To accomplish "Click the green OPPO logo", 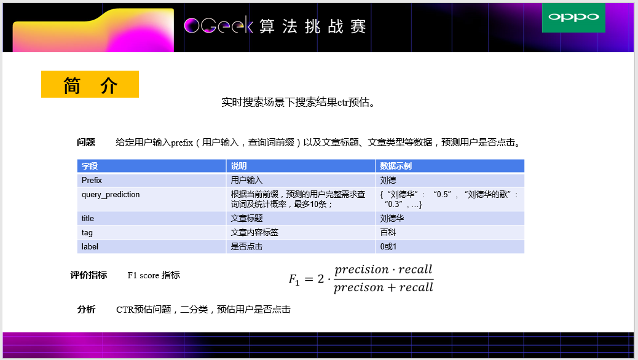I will [573, 17].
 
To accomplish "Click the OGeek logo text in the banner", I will [218, 26].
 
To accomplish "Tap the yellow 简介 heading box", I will [90, 85].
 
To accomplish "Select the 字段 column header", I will [90, 166].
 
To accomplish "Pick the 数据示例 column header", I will [396, 166].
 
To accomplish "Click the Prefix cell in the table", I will [92, 181].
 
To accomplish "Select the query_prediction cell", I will [111, 195].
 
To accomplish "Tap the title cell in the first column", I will [88, 219].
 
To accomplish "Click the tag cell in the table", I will [87, 233].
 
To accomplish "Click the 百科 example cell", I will [388, 233].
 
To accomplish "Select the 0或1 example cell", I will [389, 247].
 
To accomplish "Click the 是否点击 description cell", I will [246, 247].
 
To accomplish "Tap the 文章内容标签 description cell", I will [254, 233].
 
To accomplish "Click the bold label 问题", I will [86, 143].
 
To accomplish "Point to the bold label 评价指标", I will [89, 275].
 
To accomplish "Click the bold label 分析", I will [86, 310].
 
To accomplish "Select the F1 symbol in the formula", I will [294, 280].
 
